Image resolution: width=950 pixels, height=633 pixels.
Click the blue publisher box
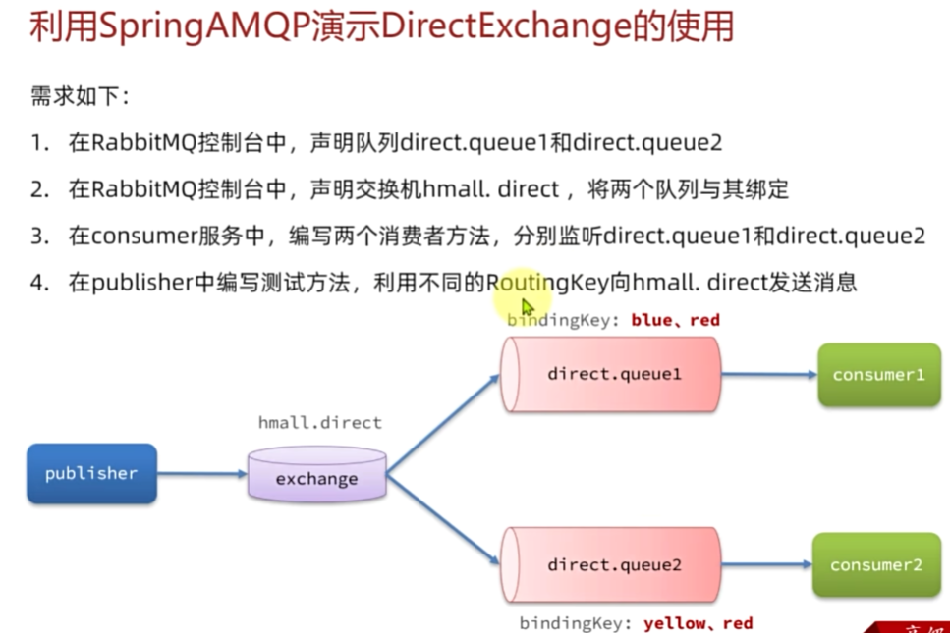coord(91,474)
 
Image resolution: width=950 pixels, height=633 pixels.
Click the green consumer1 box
coord(877,375)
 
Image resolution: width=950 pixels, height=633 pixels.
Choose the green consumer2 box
coord(876,565)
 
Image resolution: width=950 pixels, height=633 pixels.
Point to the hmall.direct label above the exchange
coord(319,423)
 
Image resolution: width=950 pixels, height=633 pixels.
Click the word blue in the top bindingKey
coord(650,320)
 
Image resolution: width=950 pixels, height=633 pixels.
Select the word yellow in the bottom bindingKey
coord(673,623)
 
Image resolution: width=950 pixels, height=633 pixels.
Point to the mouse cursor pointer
coord(527,306)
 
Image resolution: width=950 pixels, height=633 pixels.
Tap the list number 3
coord(38,237)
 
